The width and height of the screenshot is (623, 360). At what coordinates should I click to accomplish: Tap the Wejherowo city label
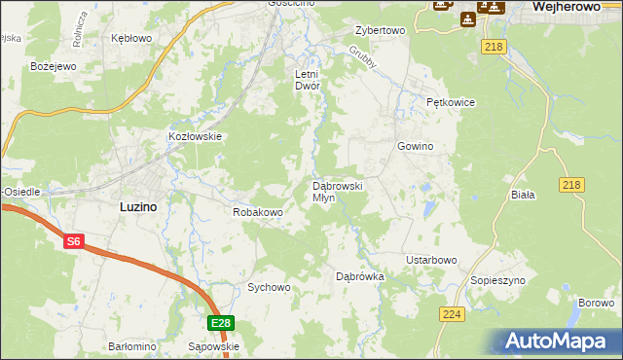point(571,6)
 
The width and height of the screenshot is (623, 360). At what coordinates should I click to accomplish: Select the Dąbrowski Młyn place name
point(337,191)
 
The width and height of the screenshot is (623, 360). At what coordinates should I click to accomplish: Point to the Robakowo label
point(258,211)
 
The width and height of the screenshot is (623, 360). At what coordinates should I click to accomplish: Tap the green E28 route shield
point(221,323)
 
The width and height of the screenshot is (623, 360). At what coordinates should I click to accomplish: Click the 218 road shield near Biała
point(572,185)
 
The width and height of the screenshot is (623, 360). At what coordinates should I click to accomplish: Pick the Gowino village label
point(414,146)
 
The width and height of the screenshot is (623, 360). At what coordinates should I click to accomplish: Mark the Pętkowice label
point(450,101)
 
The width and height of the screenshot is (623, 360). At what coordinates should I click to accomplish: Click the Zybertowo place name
point(380,30)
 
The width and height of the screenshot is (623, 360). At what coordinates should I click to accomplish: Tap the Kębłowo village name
point(131,38)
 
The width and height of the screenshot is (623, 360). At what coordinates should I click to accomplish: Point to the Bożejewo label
point(26,66)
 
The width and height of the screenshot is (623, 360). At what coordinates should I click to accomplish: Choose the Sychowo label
point(269,287)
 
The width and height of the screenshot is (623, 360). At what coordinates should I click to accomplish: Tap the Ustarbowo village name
point(431,260)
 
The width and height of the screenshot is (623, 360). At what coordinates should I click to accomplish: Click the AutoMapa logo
point(557,342)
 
